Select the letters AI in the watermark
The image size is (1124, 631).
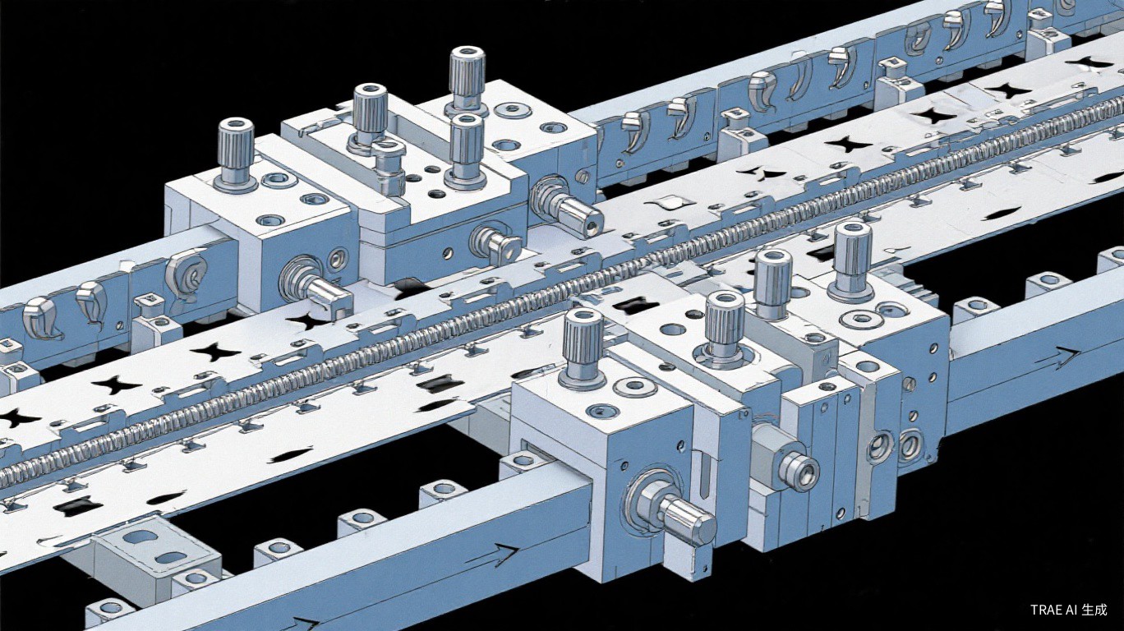click(1070, 610)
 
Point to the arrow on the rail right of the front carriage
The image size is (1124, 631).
click(1057, 357)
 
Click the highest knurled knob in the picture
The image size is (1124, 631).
click(467, 79)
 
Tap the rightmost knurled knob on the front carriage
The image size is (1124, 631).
click(851, 260)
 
